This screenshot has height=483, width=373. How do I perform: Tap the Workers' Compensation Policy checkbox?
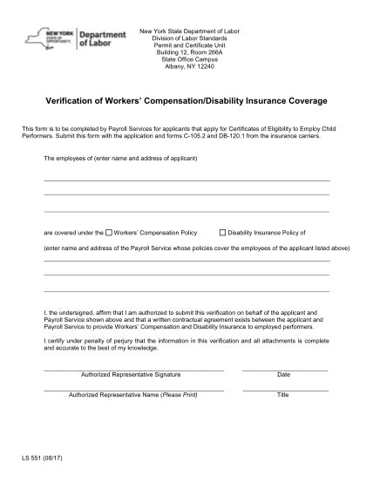tap(109, 234)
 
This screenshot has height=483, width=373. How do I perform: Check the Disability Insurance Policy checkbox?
tap(222, 234)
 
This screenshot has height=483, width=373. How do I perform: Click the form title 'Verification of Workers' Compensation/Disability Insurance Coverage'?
tap(186, 101)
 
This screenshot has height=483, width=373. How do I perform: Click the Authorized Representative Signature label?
tap(131, 374)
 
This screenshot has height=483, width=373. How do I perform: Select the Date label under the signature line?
tap(283, 374)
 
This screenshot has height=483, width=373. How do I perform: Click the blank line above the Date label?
tap(285, 370)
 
